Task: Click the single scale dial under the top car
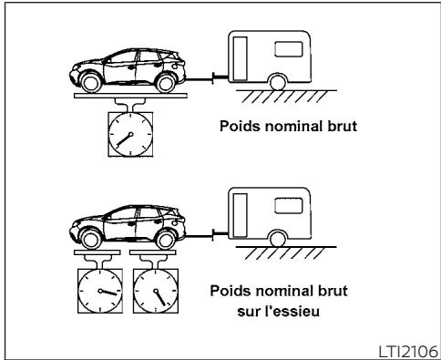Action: [130, 136]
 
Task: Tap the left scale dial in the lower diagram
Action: [100, 293]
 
